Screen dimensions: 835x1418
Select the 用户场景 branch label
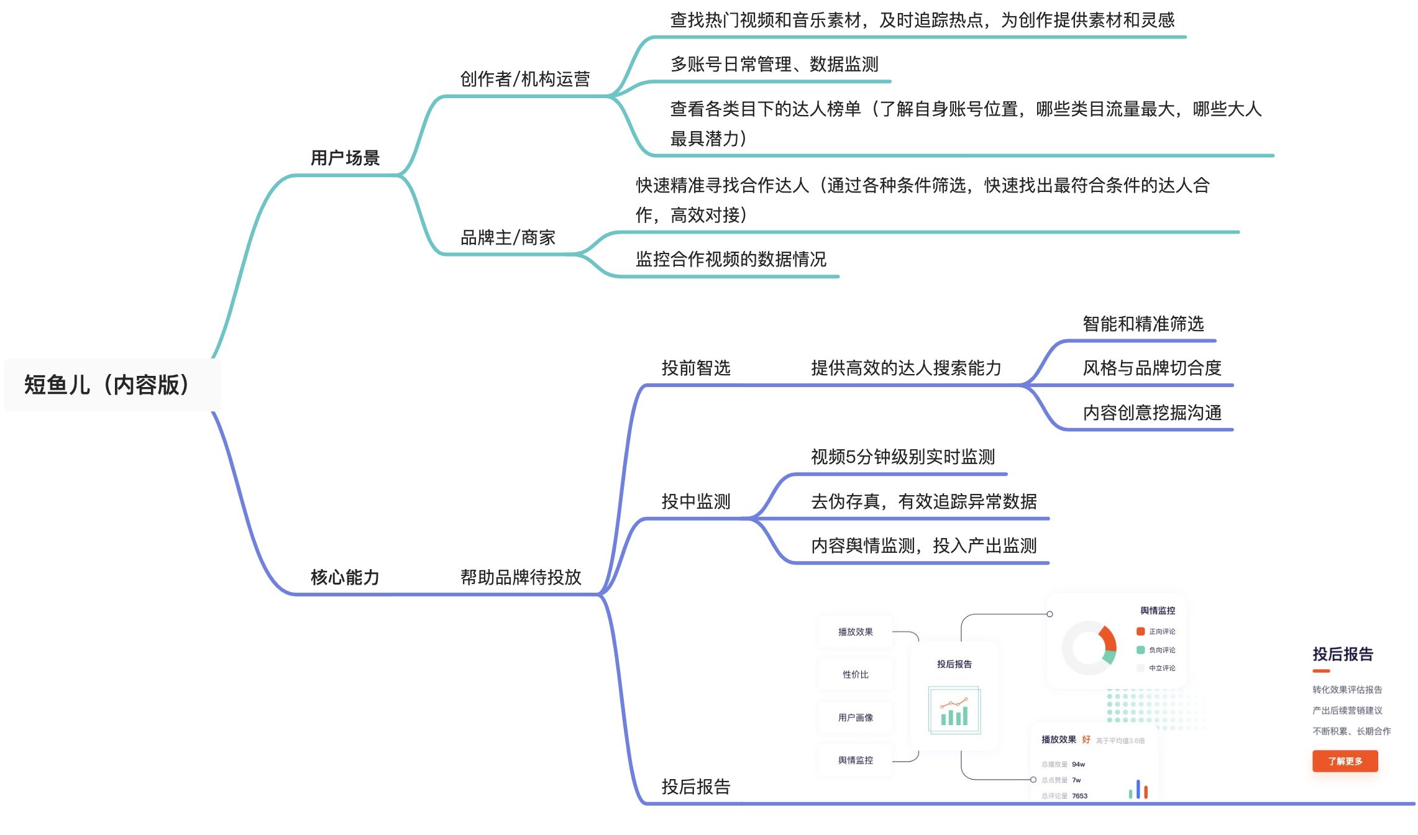[x=345, y=158]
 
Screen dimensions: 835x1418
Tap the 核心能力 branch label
[x=345, y=577]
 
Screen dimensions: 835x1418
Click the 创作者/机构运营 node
[x=524, y=79]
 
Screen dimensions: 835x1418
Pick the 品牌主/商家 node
[x=508, y=237]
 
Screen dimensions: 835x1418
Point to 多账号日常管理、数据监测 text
[x=774, y=64]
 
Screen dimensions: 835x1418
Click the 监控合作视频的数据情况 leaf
[x=731, y=259]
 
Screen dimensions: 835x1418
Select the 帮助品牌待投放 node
[x=521, y=577]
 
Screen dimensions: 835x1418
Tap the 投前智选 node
[x=696, y=368]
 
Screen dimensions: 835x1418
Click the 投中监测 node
[x=696, y=501]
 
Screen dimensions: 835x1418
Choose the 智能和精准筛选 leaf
[x=1143, y=324]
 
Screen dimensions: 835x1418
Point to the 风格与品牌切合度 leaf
[x=1152, y=368]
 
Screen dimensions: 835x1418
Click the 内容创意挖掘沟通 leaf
[x=1152, y=413]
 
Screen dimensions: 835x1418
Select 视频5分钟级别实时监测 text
[x=903, y=457]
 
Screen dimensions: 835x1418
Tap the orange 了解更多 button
[x=1345, y=761]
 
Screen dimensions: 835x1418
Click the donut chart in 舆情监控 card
[x=1089, y=647]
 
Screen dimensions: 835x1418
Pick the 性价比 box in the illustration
[x=856, y=675]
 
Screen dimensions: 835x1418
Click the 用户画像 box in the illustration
[x=856, y=718]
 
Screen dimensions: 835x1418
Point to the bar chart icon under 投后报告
[x=954, y=710]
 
